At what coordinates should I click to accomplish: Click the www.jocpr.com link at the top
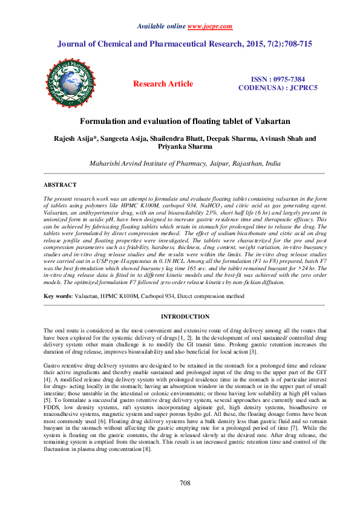click(209, 27)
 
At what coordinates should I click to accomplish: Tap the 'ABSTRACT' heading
click(59, 184)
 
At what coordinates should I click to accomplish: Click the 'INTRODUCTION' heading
click(185, 317)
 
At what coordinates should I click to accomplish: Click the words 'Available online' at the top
click(162, 27)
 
